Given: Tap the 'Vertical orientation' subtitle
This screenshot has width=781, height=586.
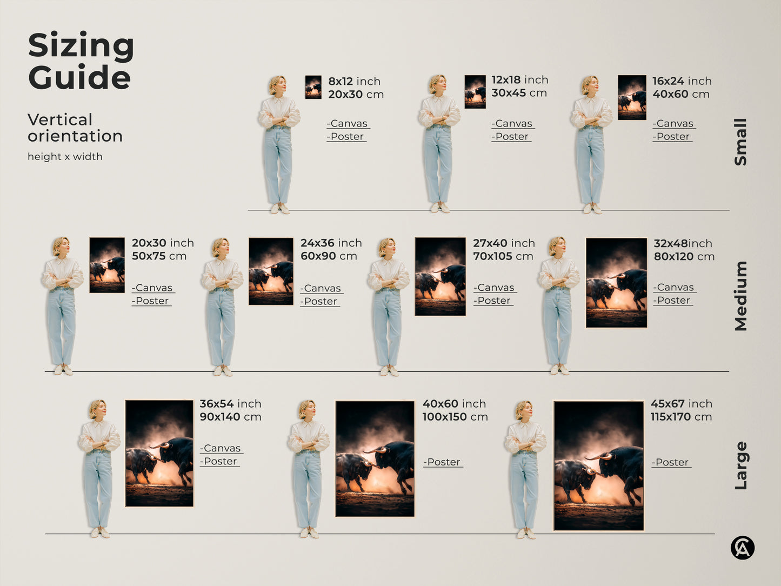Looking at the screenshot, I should (x=75, y=128).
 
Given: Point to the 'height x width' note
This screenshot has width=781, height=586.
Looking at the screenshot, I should (x=65, y=157).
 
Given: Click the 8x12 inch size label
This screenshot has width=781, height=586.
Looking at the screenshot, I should (x=354, y=81).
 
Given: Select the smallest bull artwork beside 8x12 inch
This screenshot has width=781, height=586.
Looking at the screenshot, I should (x=313, y=87).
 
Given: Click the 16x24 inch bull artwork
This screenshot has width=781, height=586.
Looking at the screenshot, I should (x=632, y=97).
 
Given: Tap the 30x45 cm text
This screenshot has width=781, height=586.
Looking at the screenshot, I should (x=519, y=93).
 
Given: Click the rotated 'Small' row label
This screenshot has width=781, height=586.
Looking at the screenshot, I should (x=740, y=142).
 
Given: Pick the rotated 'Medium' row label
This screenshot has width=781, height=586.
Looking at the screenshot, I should (x=740, y=296).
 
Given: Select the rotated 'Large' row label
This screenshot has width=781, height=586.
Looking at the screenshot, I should (x=740, y=465).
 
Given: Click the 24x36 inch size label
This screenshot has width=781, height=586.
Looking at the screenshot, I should (x=331, y=243).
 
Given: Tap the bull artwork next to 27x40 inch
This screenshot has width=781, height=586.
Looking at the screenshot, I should (x=440, y=276).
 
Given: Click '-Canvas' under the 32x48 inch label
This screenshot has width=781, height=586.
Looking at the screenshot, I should (x=673, y=288).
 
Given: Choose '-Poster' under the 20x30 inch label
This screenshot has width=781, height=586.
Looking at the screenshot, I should (x=151, y=301).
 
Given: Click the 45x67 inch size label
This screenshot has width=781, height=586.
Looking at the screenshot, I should (x=681, y=404).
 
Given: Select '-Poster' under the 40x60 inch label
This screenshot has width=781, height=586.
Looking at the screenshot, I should (x=443, y=462).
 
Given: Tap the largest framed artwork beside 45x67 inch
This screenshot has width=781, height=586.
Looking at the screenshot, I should (x=598, y=465).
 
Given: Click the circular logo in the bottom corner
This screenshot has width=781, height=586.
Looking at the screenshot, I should (x=743, y=548).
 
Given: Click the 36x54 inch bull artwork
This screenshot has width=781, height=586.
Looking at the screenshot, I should (x=159, y=453).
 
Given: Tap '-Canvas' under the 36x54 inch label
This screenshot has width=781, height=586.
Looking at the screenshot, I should (x=221, y=449).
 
